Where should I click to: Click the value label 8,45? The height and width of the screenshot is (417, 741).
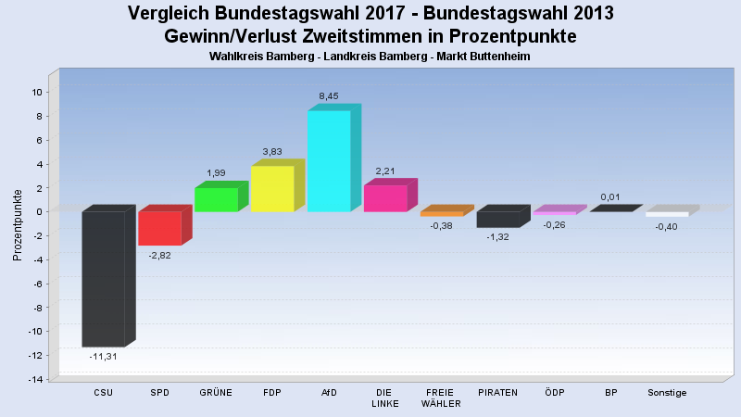(329, 96)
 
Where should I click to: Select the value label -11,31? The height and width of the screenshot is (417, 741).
(103, 357)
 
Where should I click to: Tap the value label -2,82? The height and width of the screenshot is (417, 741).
(159, 256)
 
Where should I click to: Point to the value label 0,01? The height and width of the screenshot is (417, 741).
(610, 197)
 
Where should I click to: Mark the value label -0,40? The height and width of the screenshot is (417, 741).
(666, 227)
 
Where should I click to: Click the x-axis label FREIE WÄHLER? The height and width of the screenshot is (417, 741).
(441, 398)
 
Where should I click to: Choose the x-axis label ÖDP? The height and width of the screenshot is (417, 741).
(554, 392)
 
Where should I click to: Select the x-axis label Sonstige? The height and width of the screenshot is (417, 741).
(667, 393)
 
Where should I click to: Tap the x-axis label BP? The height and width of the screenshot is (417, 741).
(610, 392)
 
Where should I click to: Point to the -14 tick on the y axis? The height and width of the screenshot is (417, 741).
(35, 379)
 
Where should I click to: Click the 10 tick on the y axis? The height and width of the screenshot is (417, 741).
(37, 92)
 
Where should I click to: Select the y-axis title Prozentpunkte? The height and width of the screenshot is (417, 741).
(18, 225)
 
